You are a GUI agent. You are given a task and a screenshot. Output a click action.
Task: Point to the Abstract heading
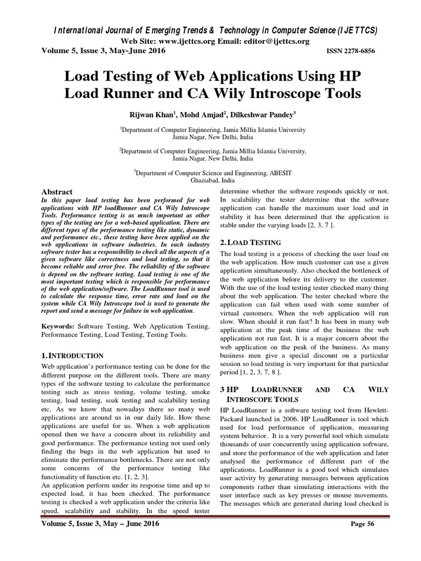pos(57,192)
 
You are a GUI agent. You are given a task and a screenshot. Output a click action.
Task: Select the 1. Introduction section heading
pos(72,356)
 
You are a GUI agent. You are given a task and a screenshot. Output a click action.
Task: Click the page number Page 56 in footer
pos(362,540)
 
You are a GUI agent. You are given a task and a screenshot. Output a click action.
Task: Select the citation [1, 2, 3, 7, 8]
pos(260,372)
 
